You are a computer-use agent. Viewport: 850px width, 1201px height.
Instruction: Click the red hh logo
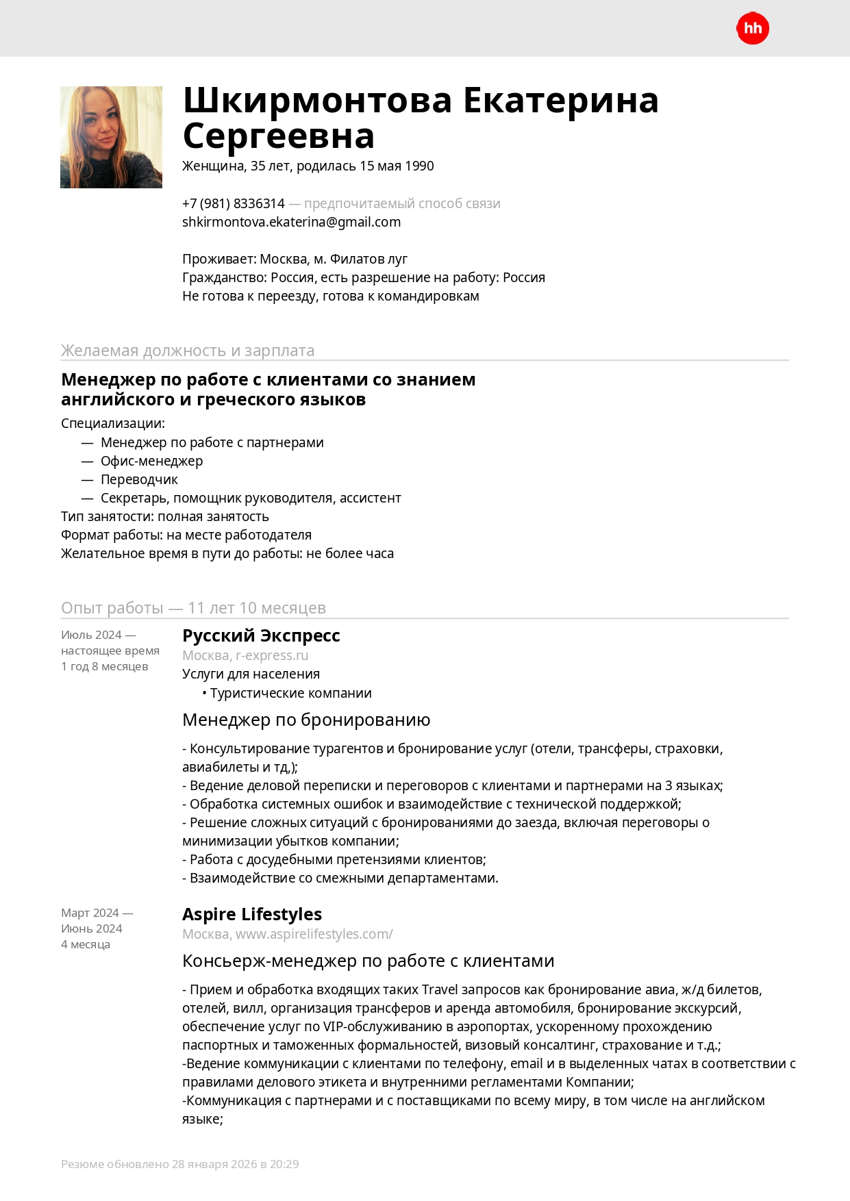click(x=753, y=28)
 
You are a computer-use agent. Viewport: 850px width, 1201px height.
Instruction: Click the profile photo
click(x=111, y=137)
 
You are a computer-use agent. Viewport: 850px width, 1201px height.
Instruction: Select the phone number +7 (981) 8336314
click(x=233, y=203)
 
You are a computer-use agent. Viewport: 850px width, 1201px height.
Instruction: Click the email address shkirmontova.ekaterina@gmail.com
click(x=291, y=222)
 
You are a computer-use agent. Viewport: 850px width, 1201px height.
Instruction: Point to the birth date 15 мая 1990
click(x=397, y=166)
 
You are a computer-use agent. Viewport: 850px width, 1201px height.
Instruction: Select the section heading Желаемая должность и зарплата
click(x=188, y=350)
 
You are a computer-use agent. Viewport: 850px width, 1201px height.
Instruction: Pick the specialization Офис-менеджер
click(x=151, y=461)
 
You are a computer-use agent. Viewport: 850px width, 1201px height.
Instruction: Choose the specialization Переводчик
click(x=139, y=479)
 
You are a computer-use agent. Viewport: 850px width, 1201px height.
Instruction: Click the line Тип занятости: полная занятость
click(x=164, y=516)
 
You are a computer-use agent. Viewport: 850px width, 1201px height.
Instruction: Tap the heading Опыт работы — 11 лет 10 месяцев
click(x=193, y=607)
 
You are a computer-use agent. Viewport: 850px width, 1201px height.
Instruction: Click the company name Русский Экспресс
click(x=261, y=635)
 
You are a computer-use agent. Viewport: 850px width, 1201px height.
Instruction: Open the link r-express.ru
click(x=272, y=655)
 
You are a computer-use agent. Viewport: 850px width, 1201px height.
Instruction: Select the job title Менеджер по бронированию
click(x=306, y=720)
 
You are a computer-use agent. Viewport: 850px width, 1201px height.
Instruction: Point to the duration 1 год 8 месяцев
click(x=104, y=666)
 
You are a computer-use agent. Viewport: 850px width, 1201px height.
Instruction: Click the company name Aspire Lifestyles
click(x=251, y=914)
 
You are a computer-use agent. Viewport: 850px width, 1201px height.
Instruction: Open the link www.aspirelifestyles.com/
click(x=314, y=934)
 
